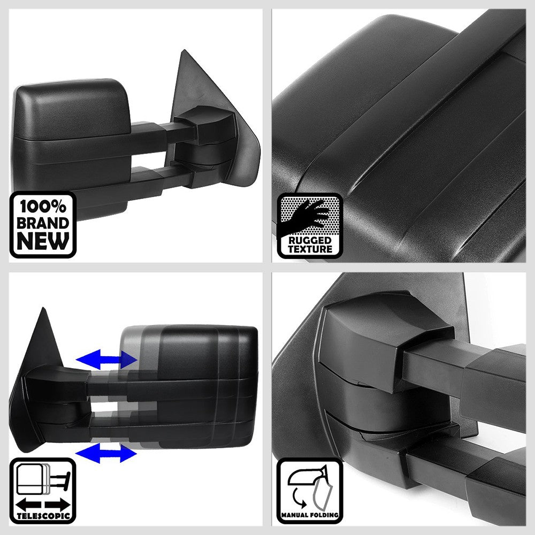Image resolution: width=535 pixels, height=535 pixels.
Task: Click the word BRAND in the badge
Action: point(43,223)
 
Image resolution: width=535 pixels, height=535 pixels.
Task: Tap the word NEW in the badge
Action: point(43,241)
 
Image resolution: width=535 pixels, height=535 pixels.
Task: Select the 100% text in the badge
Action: point(43,206)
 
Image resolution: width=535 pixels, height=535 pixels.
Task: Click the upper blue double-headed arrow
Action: point(106,360)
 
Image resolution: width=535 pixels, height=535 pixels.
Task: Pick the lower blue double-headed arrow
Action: point(106,454)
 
